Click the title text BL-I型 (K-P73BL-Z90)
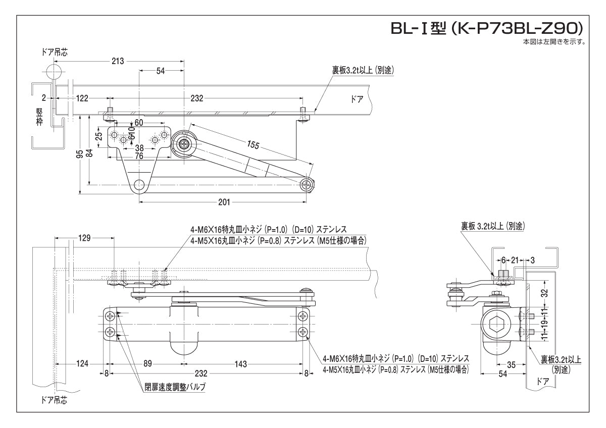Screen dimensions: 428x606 pos(488,28)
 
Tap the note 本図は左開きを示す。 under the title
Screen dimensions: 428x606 pos(554,42)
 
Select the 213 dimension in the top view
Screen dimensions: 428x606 pos(118,61)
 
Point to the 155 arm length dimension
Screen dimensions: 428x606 pos(253,145)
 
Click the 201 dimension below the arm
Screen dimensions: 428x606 pos(224,202)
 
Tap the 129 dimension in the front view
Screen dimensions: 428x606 pos(84,238)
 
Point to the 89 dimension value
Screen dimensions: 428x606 pos(147,363)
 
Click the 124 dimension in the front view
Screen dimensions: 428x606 pos(82,363)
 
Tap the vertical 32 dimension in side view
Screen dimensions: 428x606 pos(544,293)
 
